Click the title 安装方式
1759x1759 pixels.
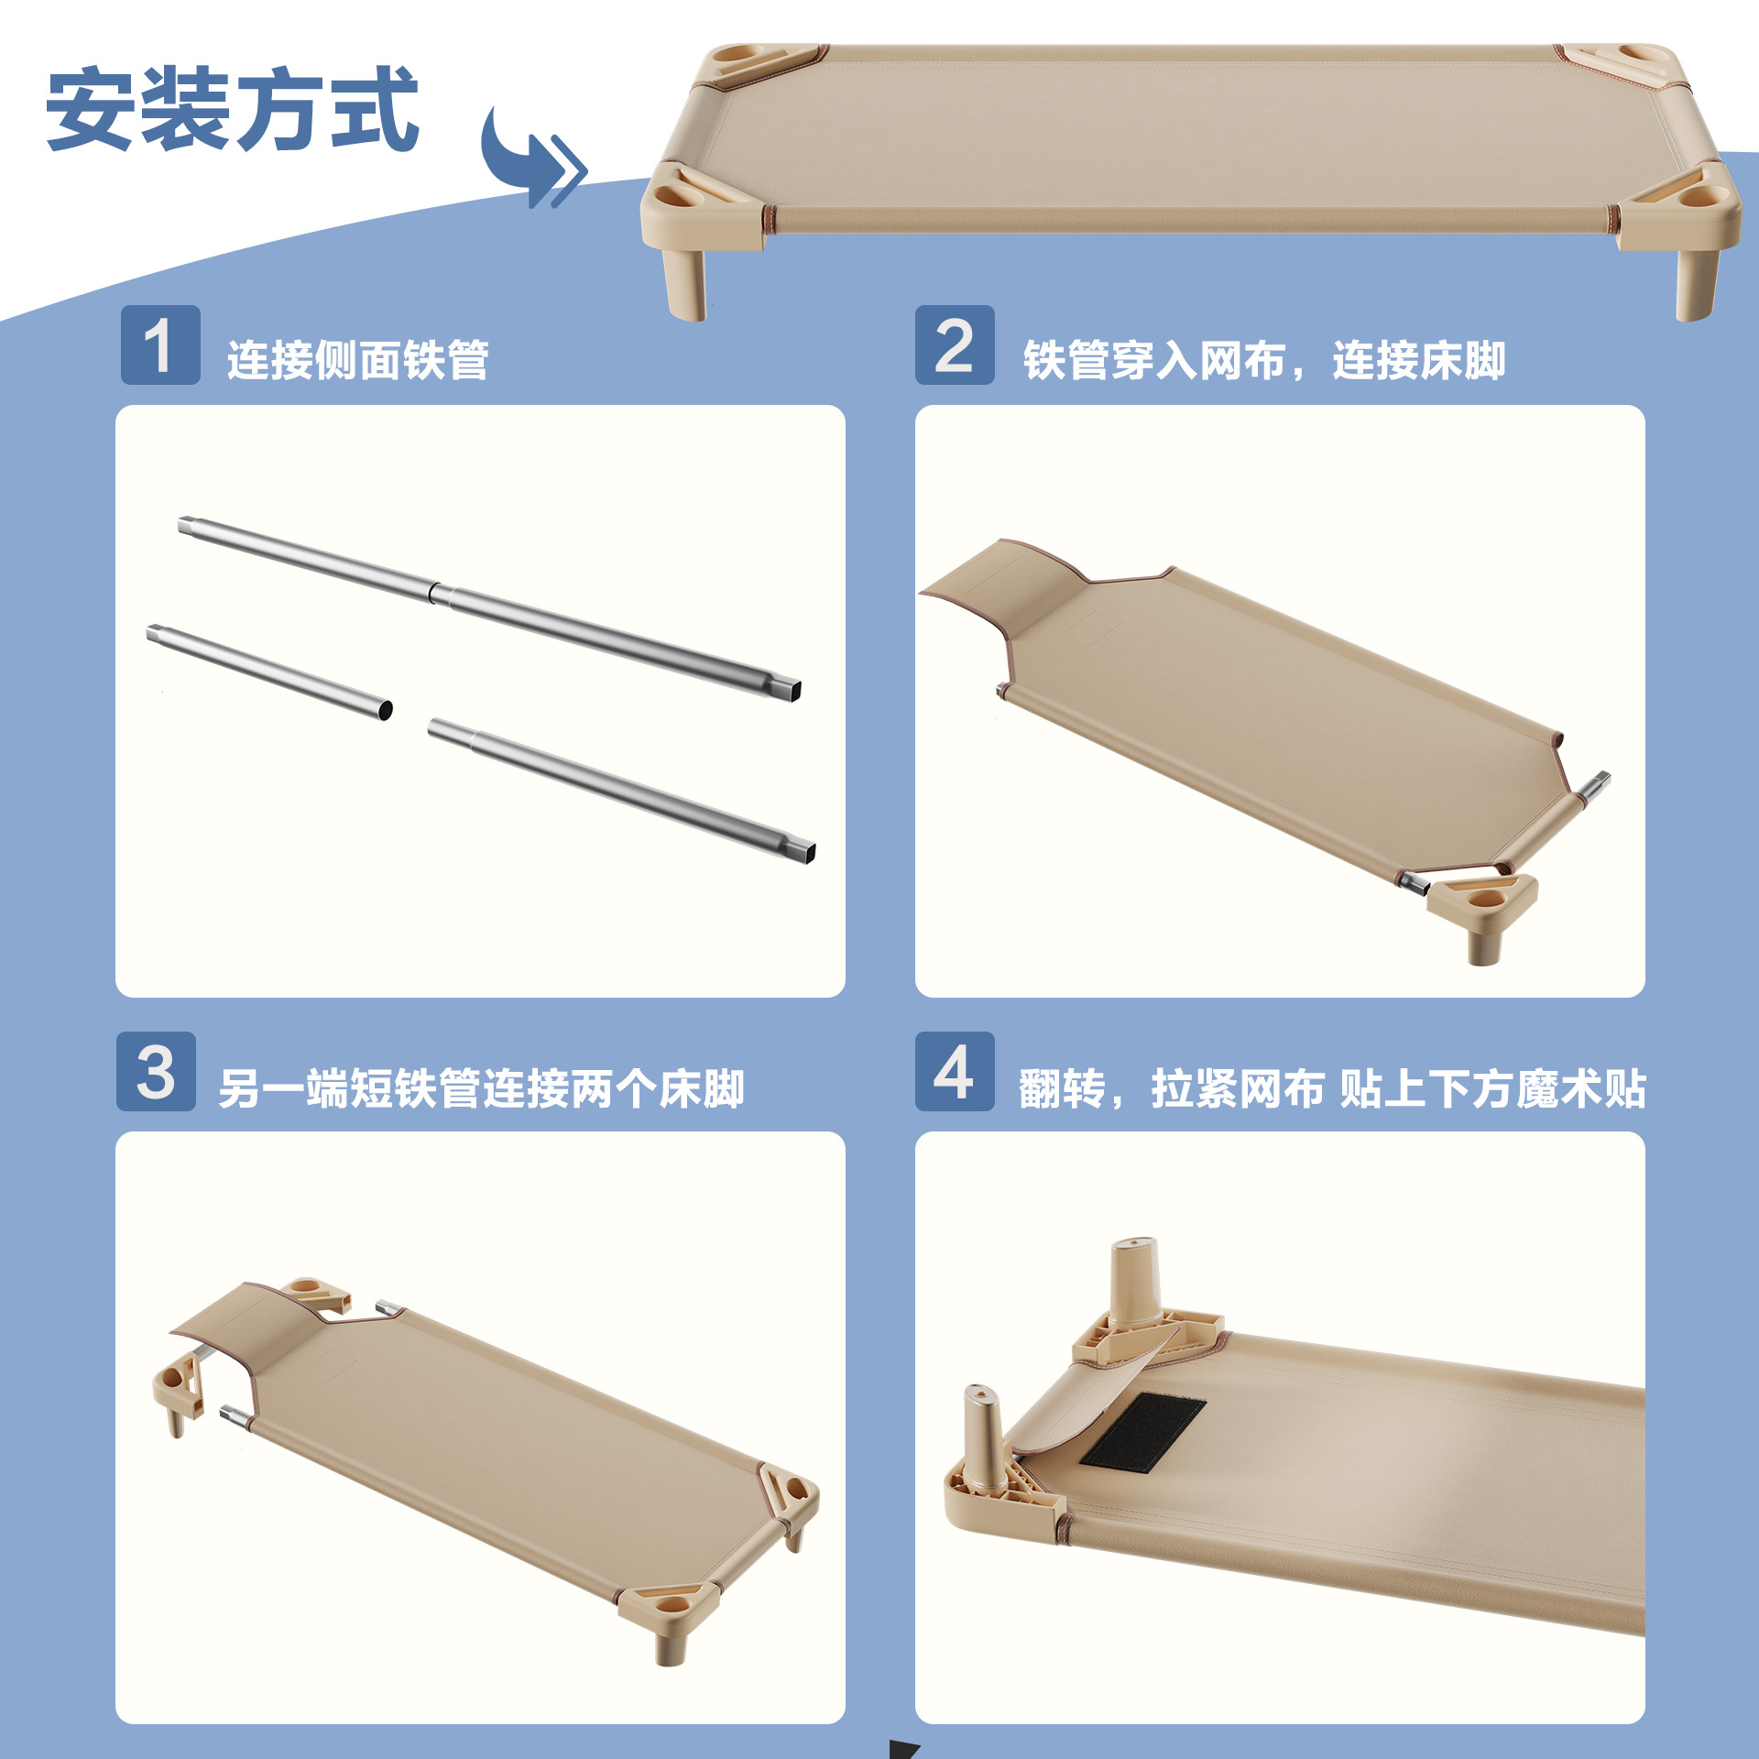point(233,108)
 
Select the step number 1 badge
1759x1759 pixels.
point(160,344)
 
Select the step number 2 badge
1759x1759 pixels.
point(955,344)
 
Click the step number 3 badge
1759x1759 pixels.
point(156,1071)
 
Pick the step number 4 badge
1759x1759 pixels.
point(955,1071)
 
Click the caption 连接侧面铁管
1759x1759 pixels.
point(358,360)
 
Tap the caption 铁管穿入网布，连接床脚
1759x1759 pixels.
point(1264,360)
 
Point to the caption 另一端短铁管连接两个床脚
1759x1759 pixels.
point(481,1088)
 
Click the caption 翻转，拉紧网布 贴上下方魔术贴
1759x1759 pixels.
point(1332,1088)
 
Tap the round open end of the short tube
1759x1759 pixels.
point(386,709)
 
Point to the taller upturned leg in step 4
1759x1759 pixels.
point(1136,1283)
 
